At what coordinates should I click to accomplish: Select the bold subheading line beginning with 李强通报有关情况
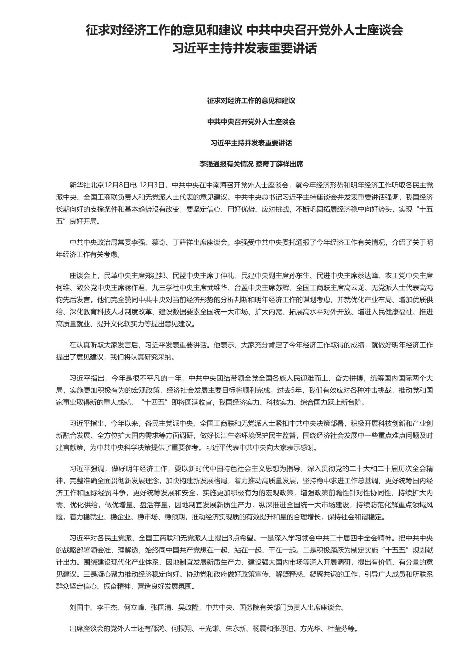[x=251, y=164]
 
